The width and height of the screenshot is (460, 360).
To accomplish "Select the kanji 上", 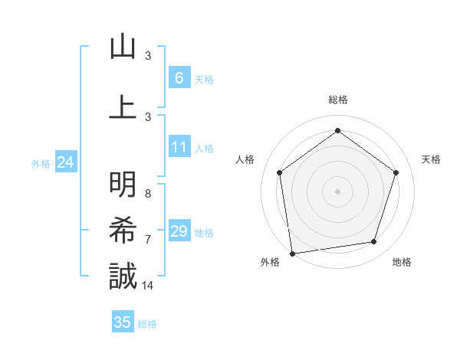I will click(x=123, y=106).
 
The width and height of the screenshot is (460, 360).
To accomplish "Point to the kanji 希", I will click(x=123, y=230).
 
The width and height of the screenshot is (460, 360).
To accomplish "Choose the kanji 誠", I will click(x=123, y=276).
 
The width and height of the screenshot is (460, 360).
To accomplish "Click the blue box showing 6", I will click(x=179, y=77).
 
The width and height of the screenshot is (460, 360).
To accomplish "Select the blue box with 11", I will click(x=179, y=147).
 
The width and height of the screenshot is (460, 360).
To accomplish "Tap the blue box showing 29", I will click(x=179, y=231).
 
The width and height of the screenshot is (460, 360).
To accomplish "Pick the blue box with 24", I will click(x=65, y=162).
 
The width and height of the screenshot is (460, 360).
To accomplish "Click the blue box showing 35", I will click(x=123, y=322).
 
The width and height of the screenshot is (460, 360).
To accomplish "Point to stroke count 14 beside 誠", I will click(x=148, y=286).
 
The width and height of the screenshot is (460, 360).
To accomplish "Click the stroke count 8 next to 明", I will click(x=148, y=194).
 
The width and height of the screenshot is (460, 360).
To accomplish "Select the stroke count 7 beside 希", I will click(x=148, y=240).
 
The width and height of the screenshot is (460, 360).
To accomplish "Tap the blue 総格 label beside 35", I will click(x=147, y=324).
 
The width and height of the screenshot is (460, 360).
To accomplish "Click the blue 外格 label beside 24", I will click(x=41, y=163).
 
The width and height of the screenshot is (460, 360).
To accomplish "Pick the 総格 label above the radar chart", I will click(x=337, y=100).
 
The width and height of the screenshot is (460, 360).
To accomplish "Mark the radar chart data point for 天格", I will click(x=396, y=172).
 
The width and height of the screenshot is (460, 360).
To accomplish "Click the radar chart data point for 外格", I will click(x=292, y=252).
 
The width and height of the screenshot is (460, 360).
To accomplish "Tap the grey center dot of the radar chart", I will click(x=337, y=191).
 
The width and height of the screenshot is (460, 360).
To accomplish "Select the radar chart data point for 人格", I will click(x=280, y=172).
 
